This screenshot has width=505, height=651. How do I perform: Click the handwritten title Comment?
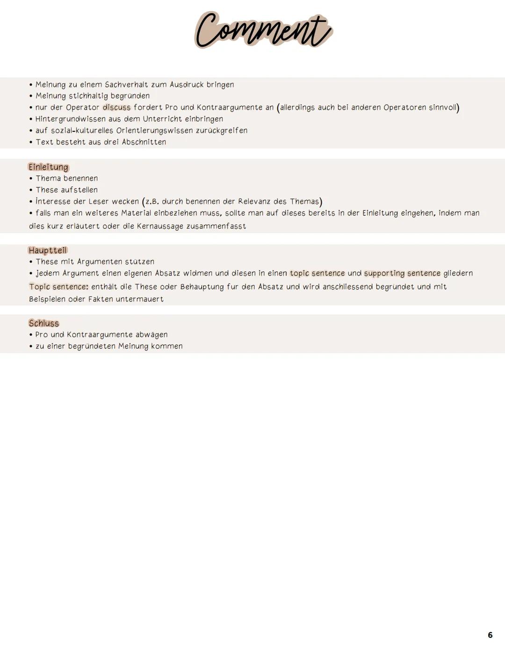coord(263,31)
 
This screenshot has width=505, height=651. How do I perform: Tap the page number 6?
coord(490,635)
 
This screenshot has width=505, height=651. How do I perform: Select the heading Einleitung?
coord(48,167)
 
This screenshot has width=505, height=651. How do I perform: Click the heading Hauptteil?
coord(48,250)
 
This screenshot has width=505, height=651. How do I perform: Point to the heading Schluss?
coord(44,323)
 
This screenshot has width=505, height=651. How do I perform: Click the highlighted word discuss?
coord(116,107)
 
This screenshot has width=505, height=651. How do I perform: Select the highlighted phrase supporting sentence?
coord(402,273)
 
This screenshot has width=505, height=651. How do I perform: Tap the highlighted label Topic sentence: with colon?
coord(58,286)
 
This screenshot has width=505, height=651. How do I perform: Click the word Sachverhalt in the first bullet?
coord(126,85)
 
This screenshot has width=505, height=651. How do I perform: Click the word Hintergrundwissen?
coord(70,119)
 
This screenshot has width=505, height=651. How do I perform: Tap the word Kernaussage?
coord(161,226)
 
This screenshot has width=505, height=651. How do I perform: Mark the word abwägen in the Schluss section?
coord(151,334)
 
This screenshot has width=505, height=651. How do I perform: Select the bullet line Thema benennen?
coord(67,178)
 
